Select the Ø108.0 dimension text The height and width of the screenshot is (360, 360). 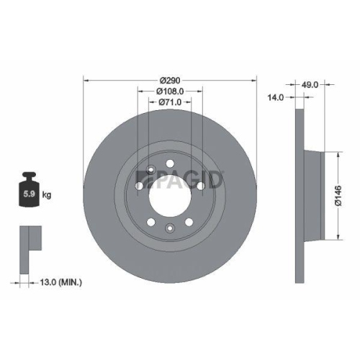tap(170, 91)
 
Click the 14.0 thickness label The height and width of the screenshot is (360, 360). tap(275, 96)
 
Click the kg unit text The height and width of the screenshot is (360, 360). tap(48, 194)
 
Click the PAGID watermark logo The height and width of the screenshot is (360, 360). tap(180, 177)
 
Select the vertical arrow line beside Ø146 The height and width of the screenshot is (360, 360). tap(337, 192)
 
